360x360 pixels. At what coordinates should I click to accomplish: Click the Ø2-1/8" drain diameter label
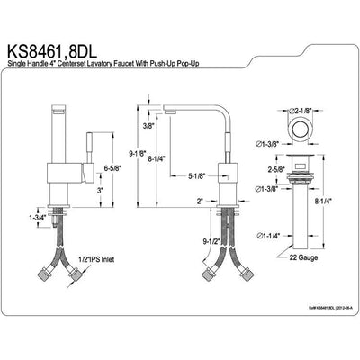pyautogui.click(x=301, y=109)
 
